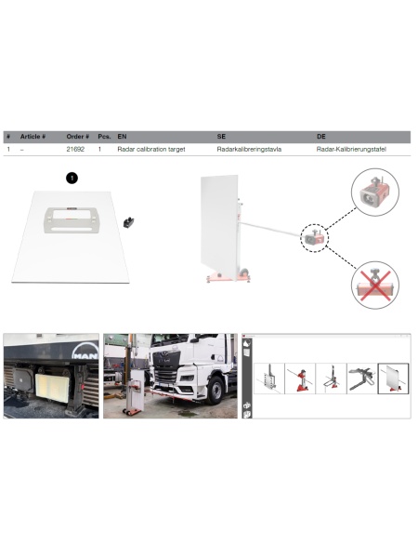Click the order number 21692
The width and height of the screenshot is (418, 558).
(x=75, y=149)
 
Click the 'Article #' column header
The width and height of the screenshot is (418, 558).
(x=33, y=137)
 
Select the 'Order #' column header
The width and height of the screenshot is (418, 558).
(x=77, y=137)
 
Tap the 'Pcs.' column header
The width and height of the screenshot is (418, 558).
(x=104, y=137)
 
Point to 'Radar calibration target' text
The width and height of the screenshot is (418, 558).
(x=151, y=149)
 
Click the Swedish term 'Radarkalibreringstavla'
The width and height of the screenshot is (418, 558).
(x=249, y=149)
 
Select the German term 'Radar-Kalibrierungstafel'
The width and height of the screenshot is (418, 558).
(x=351, y=149)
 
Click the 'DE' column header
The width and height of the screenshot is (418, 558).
(x=321, y=137)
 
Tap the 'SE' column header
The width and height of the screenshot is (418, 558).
(x=221, y=137)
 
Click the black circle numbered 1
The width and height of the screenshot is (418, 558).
(x=72, y=178)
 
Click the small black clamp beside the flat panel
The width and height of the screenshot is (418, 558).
(x=128, y=222)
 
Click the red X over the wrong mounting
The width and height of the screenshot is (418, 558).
(x=374, y=286)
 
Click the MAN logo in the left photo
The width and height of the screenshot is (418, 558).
(x=85, y=352)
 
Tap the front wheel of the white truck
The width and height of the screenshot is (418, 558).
(x=216, y=390)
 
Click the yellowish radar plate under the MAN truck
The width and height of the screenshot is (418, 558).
(x=52, y=388)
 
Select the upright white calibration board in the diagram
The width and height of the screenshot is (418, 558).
(x=219, y=226)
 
